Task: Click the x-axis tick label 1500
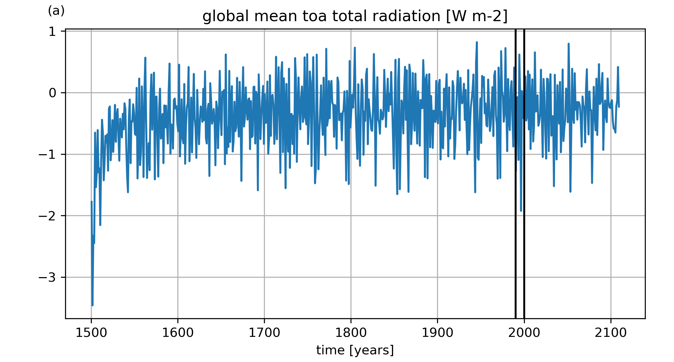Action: (91, 333)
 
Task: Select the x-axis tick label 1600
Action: (178, 333)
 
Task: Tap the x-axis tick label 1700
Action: (264, 333)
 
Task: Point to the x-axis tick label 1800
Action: (351, 333)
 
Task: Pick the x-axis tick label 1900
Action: (437, 333)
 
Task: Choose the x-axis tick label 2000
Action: (524, 333)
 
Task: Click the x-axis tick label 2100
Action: (611, 333)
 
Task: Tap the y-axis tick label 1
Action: (52, 32)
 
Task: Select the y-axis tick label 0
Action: (52, 93)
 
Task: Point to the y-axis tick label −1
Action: (47, 154)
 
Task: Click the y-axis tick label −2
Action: (47, 216)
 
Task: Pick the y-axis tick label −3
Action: (47, 278)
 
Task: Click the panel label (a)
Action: (56, 11)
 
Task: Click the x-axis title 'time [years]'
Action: (355, 350)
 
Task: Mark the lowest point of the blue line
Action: (92, 305)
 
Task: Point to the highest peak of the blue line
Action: (477, 42)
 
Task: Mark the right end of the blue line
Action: (619, 107)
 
